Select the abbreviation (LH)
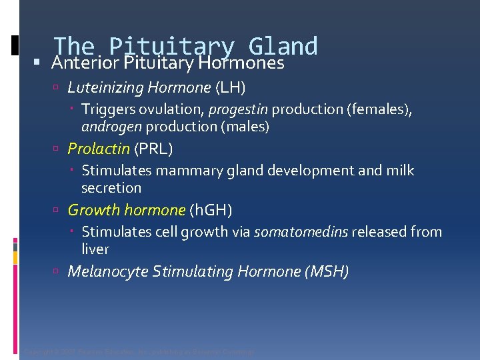point(230,87)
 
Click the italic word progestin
point(239,109)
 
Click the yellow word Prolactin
point(99,149)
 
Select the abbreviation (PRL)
point(153,149)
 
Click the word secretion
point(111,187)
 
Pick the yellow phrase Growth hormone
point(126,210)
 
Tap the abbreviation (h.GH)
point(211,210)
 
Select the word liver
point(95,249)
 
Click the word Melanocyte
point(108,271)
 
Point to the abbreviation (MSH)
point(327,271)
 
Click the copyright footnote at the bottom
point(139,351)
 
